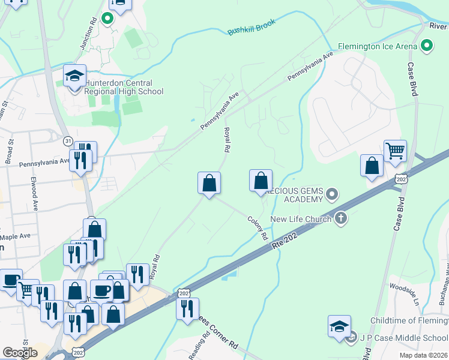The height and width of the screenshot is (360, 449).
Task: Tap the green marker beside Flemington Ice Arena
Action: click(427, 45)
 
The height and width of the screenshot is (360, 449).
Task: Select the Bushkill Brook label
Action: click(251, 28)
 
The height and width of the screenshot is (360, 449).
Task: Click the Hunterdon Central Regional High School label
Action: click(124, 87)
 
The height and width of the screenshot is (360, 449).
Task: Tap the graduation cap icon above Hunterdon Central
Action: click(75, 76)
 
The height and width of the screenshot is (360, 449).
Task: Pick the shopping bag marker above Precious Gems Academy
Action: click(261, 180)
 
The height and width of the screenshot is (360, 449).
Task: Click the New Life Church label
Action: click(301, 219)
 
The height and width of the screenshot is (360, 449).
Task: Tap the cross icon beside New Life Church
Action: click(341, 218)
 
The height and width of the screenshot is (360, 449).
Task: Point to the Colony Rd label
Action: click(257, 227)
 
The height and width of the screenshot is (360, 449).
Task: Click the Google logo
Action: click(20, 353)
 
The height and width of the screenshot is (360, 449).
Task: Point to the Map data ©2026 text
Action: click(423, 355)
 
